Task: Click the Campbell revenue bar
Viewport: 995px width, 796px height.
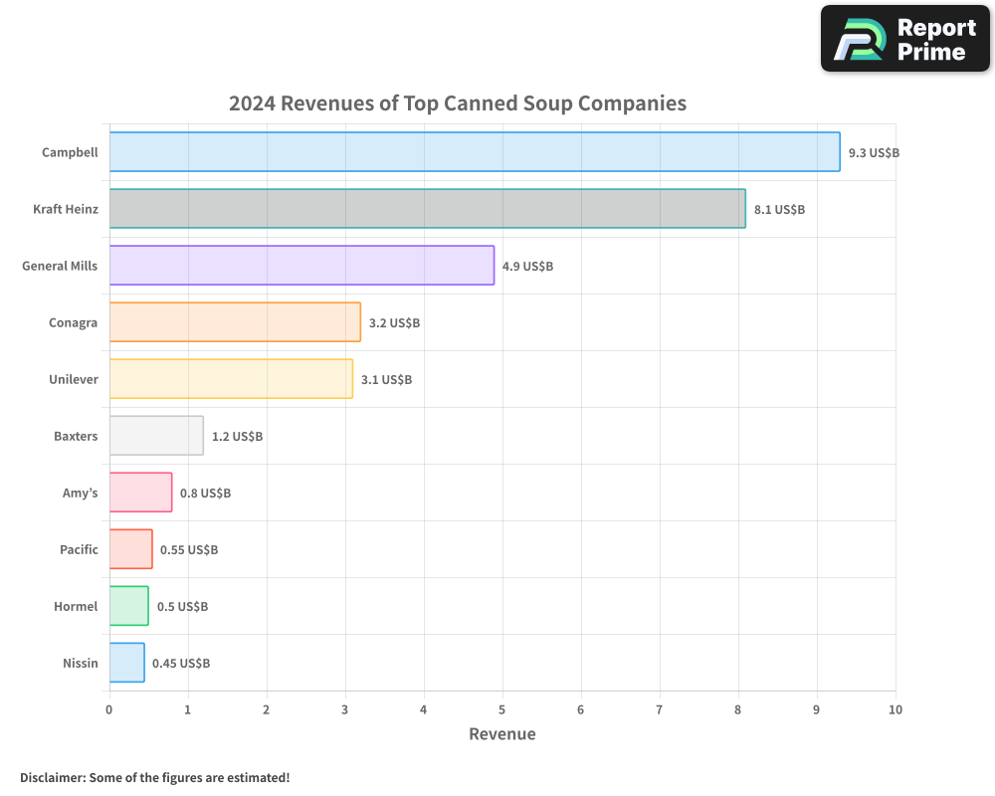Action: pyautogui.click(x=475, y=152)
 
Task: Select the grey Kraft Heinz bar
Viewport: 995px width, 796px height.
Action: pyautogui.click(x=427, y=209)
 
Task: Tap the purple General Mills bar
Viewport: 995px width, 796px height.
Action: pyautogui.click(x=301, y=266)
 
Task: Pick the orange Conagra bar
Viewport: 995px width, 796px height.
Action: pyautogui.click(x=235, y=322)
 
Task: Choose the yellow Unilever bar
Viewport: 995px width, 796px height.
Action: pyautogui.click(x=231, y=379)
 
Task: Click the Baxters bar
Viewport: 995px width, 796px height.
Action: pyautogui.click(x=156, y=436)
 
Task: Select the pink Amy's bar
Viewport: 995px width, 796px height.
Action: pyautogui.click(x=140, y=493)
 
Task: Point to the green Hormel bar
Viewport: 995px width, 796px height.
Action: pyautogui.click(x=128, y=606)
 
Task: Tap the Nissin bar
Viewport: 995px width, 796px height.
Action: pyautogui.click(x=126, y=663)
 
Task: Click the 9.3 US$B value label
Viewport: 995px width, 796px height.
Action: pyautogui.click(x=874, y=153)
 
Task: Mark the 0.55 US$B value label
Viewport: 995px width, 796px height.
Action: pyautogui.click(x=189, y=550)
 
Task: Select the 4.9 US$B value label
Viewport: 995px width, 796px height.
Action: pyautogui.click(x=527, y=267)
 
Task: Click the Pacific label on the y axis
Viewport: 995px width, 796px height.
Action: pyautogui.click(x=79, y=549)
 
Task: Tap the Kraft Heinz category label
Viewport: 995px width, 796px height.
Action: pyautogui.click(x=66, y=209)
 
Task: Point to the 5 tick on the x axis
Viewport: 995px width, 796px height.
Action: pyautogui.click(x=502, y=709)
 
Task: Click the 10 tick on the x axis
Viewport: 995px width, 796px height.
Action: pyautogui.click(x=895, y=709)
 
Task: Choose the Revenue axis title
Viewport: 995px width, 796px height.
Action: pyautogui.click(x=502, y=734)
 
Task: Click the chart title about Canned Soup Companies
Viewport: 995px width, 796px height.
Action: pyautogui.click(x=458, y=103)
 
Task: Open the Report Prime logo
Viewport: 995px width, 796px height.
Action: pyautogui.click(x=905, y=39)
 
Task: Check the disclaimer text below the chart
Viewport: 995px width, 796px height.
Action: pyautogui.click(x=154, y=777)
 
